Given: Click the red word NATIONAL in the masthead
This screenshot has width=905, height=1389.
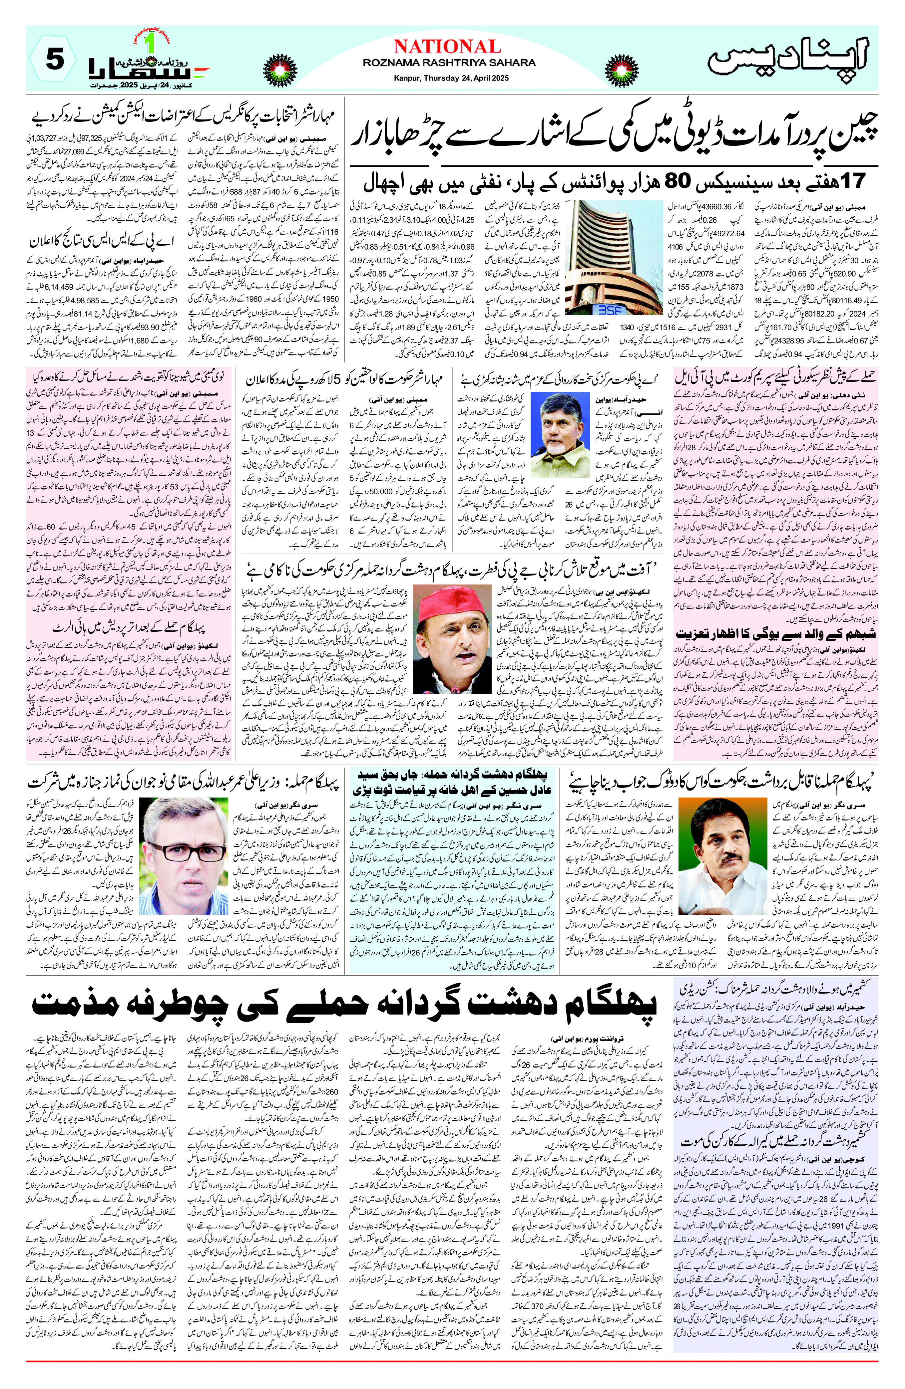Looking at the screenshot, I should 447,47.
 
